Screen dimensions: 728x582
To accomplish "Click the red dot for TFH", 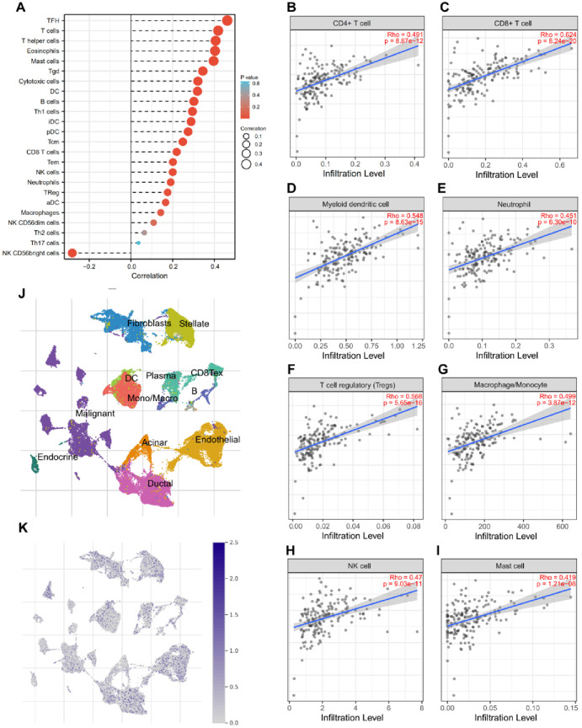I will tap(227, 20).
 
